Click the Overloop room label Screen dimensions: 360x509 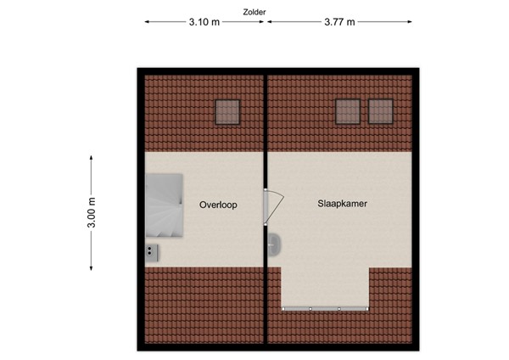[x=218, y=205]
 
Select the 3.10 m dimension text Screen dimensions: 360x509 [x=204, y=23]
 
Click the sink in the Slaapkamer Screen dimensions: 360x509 [x=275, y=244]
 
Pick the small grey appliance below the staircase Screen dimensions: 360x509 [x=151, y=250]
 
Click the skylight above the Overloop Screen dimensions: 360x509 [x=227, y=111]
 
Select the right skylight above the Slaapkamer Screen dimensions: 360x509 [x=380, y=111]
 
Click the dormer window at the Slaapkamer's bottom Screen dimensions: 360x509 [x=324, y=307]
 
